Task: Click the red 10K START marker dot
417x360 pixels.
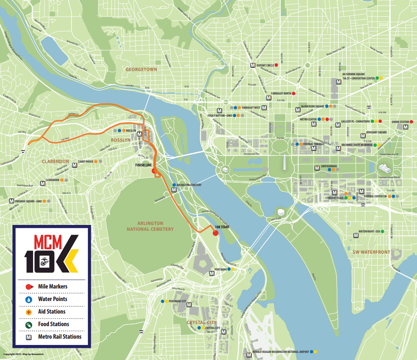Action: (216, 233)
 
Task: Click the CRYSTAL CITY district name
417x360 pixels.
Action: (202, 322)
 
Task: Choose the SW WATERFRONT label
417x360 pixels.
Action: (369, 252)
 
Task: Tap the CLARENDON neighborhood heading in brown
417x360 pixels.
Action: (55, 161)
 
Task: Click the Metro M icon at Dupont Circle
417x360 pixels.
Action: (253, 65)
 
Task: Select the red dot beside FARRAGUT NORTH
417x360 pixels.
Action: (294, 93)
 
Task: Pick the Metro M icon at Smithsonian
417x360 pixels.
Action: (317, 168)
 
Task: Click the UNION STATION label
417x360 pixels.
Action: (400, 122)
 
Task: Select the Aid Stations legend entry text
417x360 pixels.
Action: (52, 311)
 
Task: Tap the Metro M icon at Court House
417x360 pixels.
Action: (74, 166)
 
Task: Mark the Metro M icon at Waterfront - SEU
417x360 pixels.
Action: (356, 235)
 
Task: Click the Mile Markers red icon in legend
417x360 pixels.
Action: (28, 287)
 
